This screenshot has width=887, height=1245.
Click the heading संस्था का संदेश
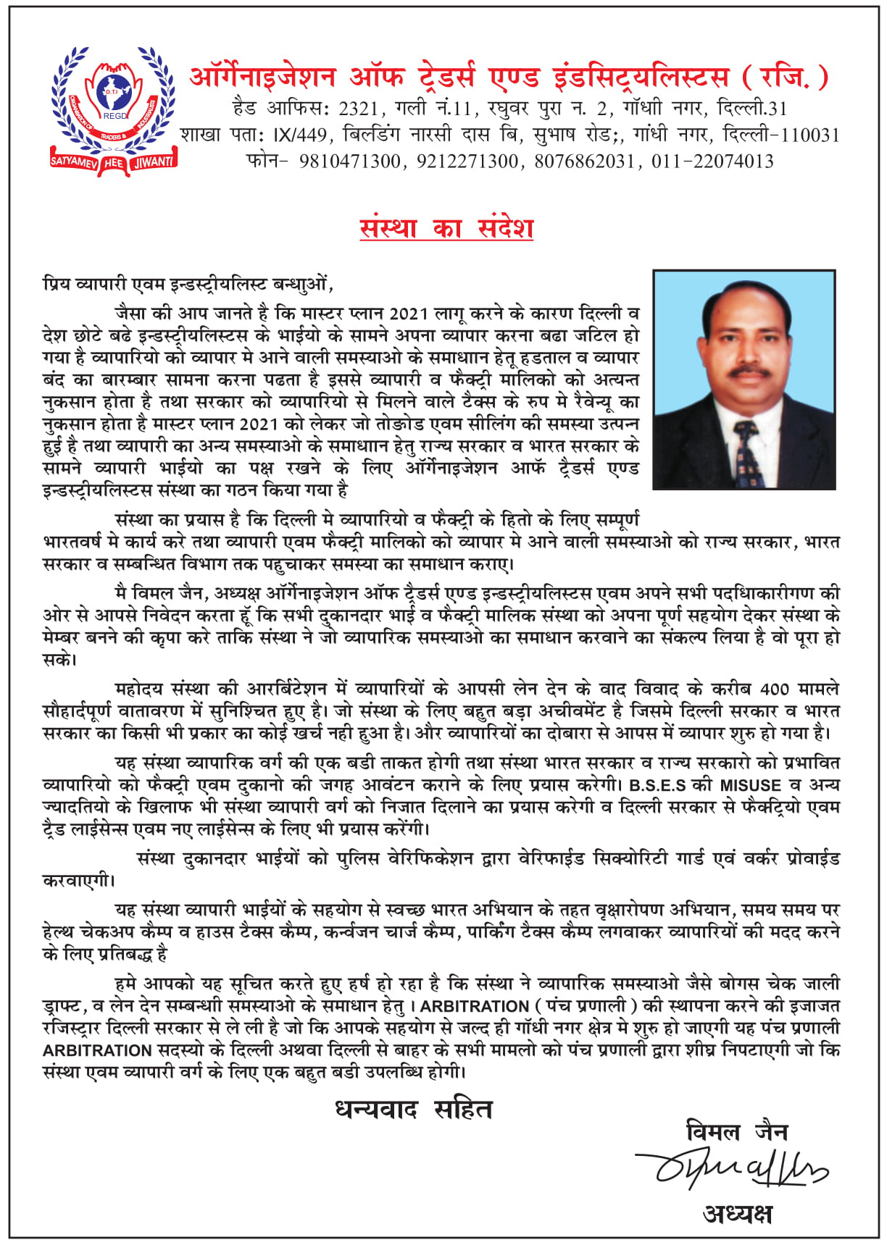point(446,227)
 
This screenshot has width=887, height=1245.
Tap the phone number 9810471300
point(349,162)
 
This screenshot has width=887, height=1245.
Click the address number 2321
point(358,109)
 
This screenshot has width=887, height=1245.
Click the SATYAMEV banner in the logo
point(73,161)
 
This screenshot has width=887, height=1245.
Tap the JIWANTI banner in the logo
point(152,161)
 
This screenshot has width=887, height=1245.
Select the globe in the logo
point(113,91)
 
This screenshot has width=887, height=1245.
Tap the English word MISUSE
point(750,785)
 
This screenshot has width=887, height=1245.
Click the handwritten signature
point(732,1168)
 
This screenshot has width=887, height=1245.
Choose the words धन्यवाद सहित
point(413,1109)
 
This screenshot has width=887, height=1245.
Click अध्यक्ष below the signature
point(737,1213)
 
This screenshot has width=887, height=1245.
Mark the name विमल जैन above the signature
point(736,1131)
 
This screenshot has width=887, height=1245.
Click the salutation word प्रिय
point(57,284)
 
